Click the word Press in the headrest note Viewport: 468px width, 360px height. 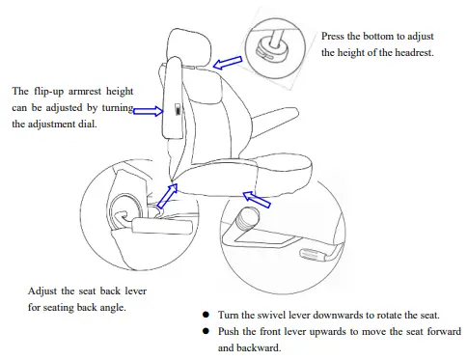[x=335, y=34]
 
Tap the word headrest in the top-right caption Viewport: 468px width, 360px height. [x=408, y=51]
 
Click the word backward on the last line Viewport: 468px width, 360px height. [x=261, y=348]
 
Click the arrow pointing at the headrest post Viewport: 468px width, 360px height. [x=228, y=64]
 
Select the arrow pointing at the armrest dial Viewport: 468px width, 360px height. [x=147, y=111]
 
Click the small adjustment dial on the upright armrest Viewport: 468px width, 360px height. [x=176, y=110]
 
